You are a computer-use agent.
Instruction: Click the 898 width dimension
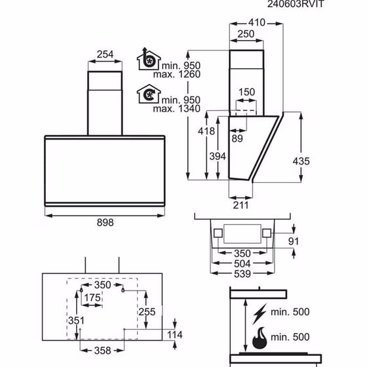coord(105,222)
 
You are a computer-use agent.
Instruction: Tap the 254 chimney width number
coord(105,54)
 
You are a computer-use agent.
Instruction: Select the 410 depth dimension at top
coord(257,22)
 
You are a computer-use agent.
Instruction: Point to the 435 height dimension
coord(301,161)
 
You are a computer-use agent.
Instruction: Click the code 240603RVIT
coord(296,4)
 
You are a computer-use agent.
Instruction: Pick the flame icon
coord(260,338)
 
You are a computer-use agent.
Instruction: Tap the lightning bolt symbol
coord(260,314)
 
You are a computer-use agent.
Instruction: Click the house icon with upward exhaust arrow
coord(149,59)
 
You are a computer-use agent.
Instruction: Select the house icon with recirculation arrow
coord(149,94)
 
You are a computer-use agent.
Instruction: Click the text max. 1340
coord(177,109)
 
